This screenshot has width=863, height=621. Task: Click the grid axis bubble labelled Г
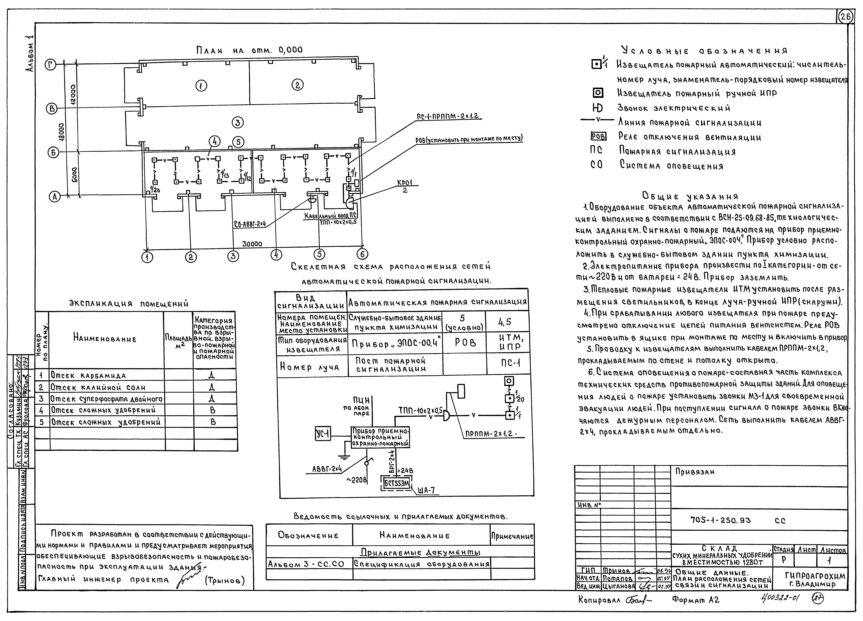coord(51,65)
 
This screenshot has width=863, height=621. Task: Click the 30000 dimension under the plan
coord(252,244)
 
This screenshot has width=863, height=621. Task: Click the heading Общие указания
coord(690,196)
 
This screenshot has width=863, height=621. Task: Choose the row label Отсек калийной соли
coord(98,388)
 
